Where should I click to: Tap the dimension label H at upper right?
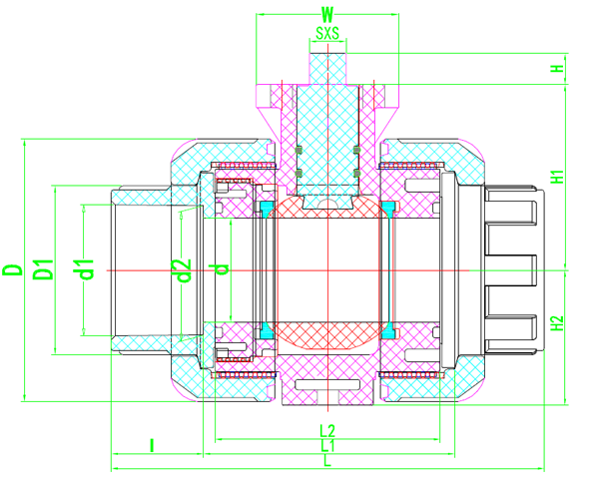pyautogui.click(x=556, y=69)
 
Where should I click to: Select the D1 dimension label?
pyautogui.click(x=43, y=269)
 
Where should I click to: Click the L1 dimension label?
pyautogui.click(x=327, y=446)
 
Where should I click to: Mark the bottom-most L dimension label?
pyautogui.click(x=327, y=461)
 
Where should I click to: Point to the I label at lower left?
pyautogui.click(x=151, y=446)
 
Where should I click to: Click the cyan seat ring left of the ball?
pyautogui.click(x=267, y=269)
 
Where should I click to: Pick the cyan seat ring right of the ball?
pyautogui.click(x=388, y=269)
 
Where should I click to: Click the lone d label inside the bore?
pyautogui.click(x=224, y=268)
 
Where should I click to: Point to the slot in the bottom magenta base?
pyautogui.click(x=327, y=383)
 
